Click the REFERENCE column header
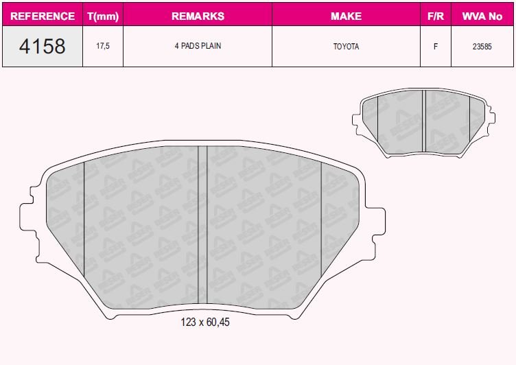[x=43, y=15]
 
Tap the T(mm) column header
[x=103, y=15]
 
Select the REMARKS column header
[x=197, y=15]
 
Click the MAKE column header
[x=346, y=15]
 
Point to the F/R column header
[x=435, y=15]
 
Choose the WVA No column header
[x=482, y=15]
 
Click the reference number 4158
[x=43, y=47]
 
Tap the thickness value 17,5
[x=103, y=47]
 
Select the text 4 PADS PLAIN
[x=197, y=47]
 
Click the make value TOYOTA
[x=346, y=47]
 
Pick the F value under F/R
[x=435, y=47]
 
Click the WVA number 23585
[x=482, y=47]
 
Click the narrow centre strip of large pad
[x=202, y=226]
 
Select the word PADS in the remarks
[x=191, y=47]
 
